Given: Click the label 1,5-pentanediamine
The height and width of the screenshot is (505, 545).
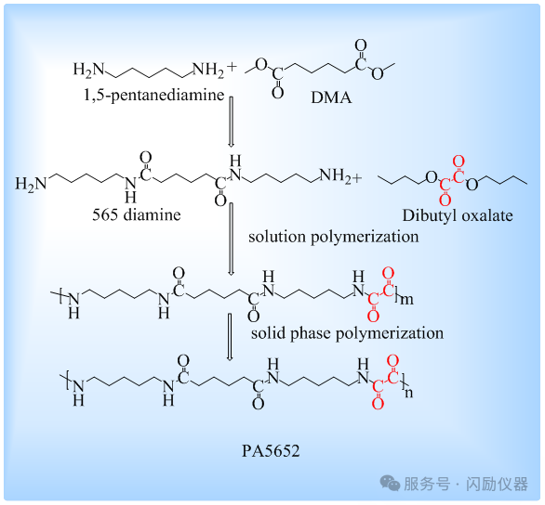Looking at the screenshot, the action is pyautogui.click(x=154, y=95).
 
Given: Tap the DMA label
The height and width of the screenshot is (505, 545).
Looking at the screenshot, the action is pyautogui.click(x=331, y=97).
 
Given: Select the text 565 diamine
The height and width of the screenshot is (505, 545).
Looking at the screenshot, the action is pyautogui.click(x=136, y=214).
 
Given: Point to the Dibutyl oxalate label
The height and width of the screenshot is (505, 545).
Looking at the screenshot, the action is pyautogui.click(x=458, y=215).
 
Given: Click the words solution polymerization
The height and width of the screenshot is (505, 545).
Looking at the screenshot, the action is pyautogui.click(x=334, y=238).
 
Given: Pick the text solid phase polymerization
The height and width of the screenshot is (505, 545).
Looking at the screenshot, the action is pyautogui.click(x=347, y=333).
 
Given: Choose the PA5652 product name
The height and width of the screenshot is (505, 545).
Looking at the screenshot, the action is pyautogui.click(x=271, y=451).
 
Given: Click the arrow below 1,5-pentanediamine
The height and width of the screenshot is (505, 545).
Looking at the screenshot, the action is pyautogui.click(x=231, y=122).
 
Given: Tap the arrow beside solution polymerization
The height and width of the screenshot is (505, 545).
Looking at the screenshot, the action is pyautogui.click(x=231, y=239).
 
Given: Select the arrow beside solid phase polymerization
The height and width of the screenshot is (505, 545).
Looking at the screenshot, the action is pyautogui.click(x=230, y=337).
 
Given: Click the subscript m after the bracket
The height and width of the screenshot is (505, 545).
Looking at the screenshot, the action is pyautogui.click(x=406, y=299).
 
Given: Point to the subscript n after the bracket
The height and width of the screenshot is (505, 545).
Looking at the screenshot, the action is pyautogui.click(x=408, y=393).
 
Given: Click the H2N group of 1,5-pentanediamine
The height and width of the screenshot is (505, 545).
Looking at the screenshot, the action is pyautogui.click(x=88, y=70).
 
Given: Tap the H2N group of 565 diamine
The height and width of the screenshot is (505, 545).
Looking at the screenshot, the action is pyautogui.click(x=31, y=184).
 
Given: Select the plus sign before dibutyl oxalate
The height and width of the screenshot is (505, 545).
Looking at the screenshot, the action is pyautogui.click(x=356, y=178).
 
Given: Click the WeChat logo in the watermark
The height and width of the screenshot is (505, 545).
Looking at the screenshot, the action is pyautogui.click(x=390, y=483).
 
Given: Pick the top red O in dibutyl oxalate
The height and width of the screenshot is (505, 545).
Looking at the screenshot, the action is pyautogui.click(x=459, y=162).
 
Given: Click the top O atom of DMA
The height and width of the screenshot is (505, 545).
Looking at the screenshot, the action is pyautogui.click(x=361, y=45).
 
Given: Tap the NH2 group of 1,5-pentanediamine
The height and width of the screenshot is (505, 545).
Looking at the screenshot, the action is pyautogui.click(x=208, y=70).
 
